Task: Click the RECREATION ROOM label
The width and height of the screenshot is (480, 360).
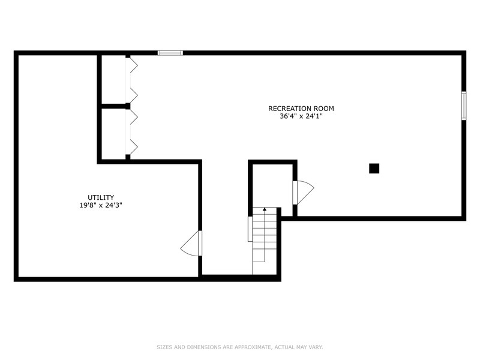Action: tap(301, 109)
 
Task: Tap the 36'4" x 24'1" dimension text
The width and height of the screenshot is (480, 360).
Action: tap(301, 116)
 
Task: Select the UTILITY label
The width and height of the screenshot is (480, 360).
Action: tap(101, 197)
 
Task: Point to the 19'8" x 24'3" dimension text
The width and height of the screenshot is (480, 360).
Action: tap(101, 205)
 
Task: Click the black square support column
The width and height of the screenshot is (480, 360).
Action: tap(374, 169)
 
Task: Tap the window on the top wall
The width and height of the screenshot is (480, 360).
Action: tap(170, 53)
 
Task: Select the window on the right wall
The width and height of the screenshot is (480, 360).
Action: tap(463, 106)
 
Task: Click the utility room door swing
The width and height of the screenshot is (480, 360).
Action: tap(192, 243)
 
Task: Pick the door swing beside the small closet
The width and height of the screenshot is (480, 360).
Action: tap(302, 192)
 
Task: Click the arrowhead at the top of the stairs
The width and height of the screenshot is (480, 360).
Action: tap(264, 209)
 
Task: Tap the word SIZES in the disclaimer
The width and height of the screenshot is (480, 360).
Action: tap(163, 347)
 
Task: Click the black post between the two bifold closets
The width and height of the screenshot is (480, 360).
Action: tap(128, 106)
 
